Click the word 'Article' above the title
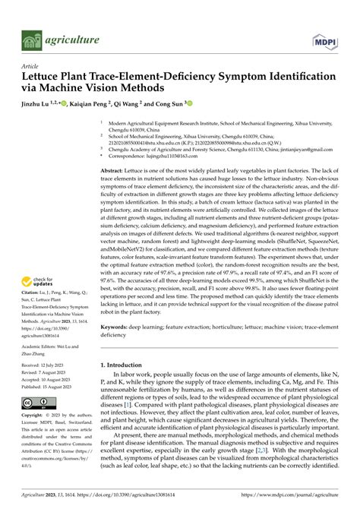coord(30,66)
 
